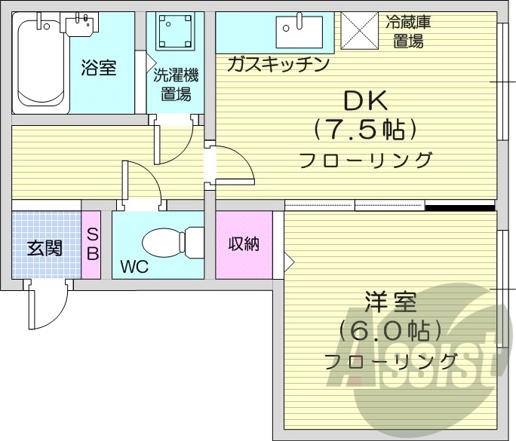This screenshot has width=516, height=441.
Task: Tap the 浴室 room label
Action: pos(98,68)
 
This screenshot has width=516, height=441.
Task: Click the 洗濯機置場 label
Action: pos(175,84)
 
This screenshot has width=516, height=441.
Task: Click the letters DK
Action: pos(365,100)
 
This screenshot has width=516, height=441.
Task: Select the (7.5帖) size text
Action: pos(365,130)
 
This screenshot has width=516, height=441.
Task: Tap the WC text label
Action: pos(134,267)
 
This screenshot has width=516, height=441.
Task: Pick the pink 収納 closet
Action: pos(244,244)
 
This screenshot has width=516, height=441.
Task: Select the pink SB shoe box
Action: pos(92,244)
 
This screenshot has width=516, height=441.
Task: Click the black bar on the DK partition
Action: pos(459,205)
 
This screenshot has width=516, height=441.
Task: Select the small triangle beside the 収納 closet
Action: pos(287,262)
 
